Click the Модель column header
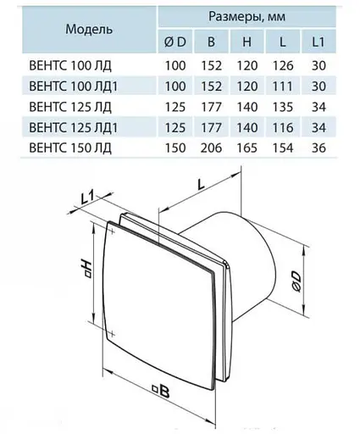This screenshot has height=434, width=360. (x=89, y=29)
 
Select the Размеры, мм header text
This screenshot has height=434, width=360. (x=247, y=17)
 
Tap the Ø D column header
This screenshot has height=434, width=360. (x=175, y=42)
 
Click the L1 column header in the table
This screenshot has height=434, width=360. (x=318, y=42)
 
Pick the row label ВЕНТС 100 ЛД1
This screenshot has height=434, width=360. (x=73, y=86)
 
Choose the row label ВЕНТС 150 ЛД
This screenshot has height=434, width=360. (x=70, y=148)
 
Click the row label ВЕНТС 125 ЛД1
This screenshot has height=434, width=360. (x=73, y=128)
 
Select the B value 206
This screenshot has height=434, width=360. (x=211, y=148)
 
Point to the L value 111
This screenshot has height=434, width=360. (x=283, y=86)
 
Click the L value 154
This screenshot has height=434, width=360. (x=283, y=148)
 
